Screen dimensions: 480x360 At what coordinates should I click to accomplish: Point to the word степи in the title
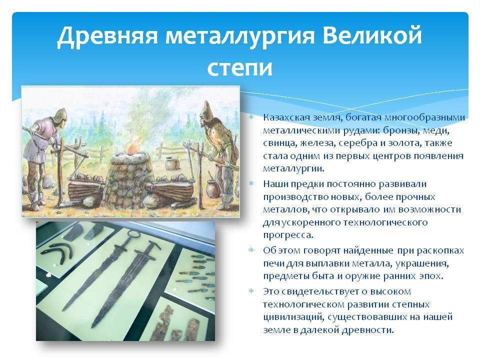[239, 67]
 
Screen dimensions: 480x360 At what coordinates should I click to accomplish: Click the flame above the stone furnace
[134, 145]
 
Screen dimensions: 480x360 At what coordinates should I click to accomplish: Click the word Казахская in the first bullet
[286, 117]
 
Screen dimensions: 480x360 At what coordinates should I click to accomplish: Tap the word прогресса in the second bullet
[288, 235]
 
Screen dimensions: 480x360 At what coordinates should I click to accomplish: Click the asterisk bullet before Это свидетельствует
[251, 291]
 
